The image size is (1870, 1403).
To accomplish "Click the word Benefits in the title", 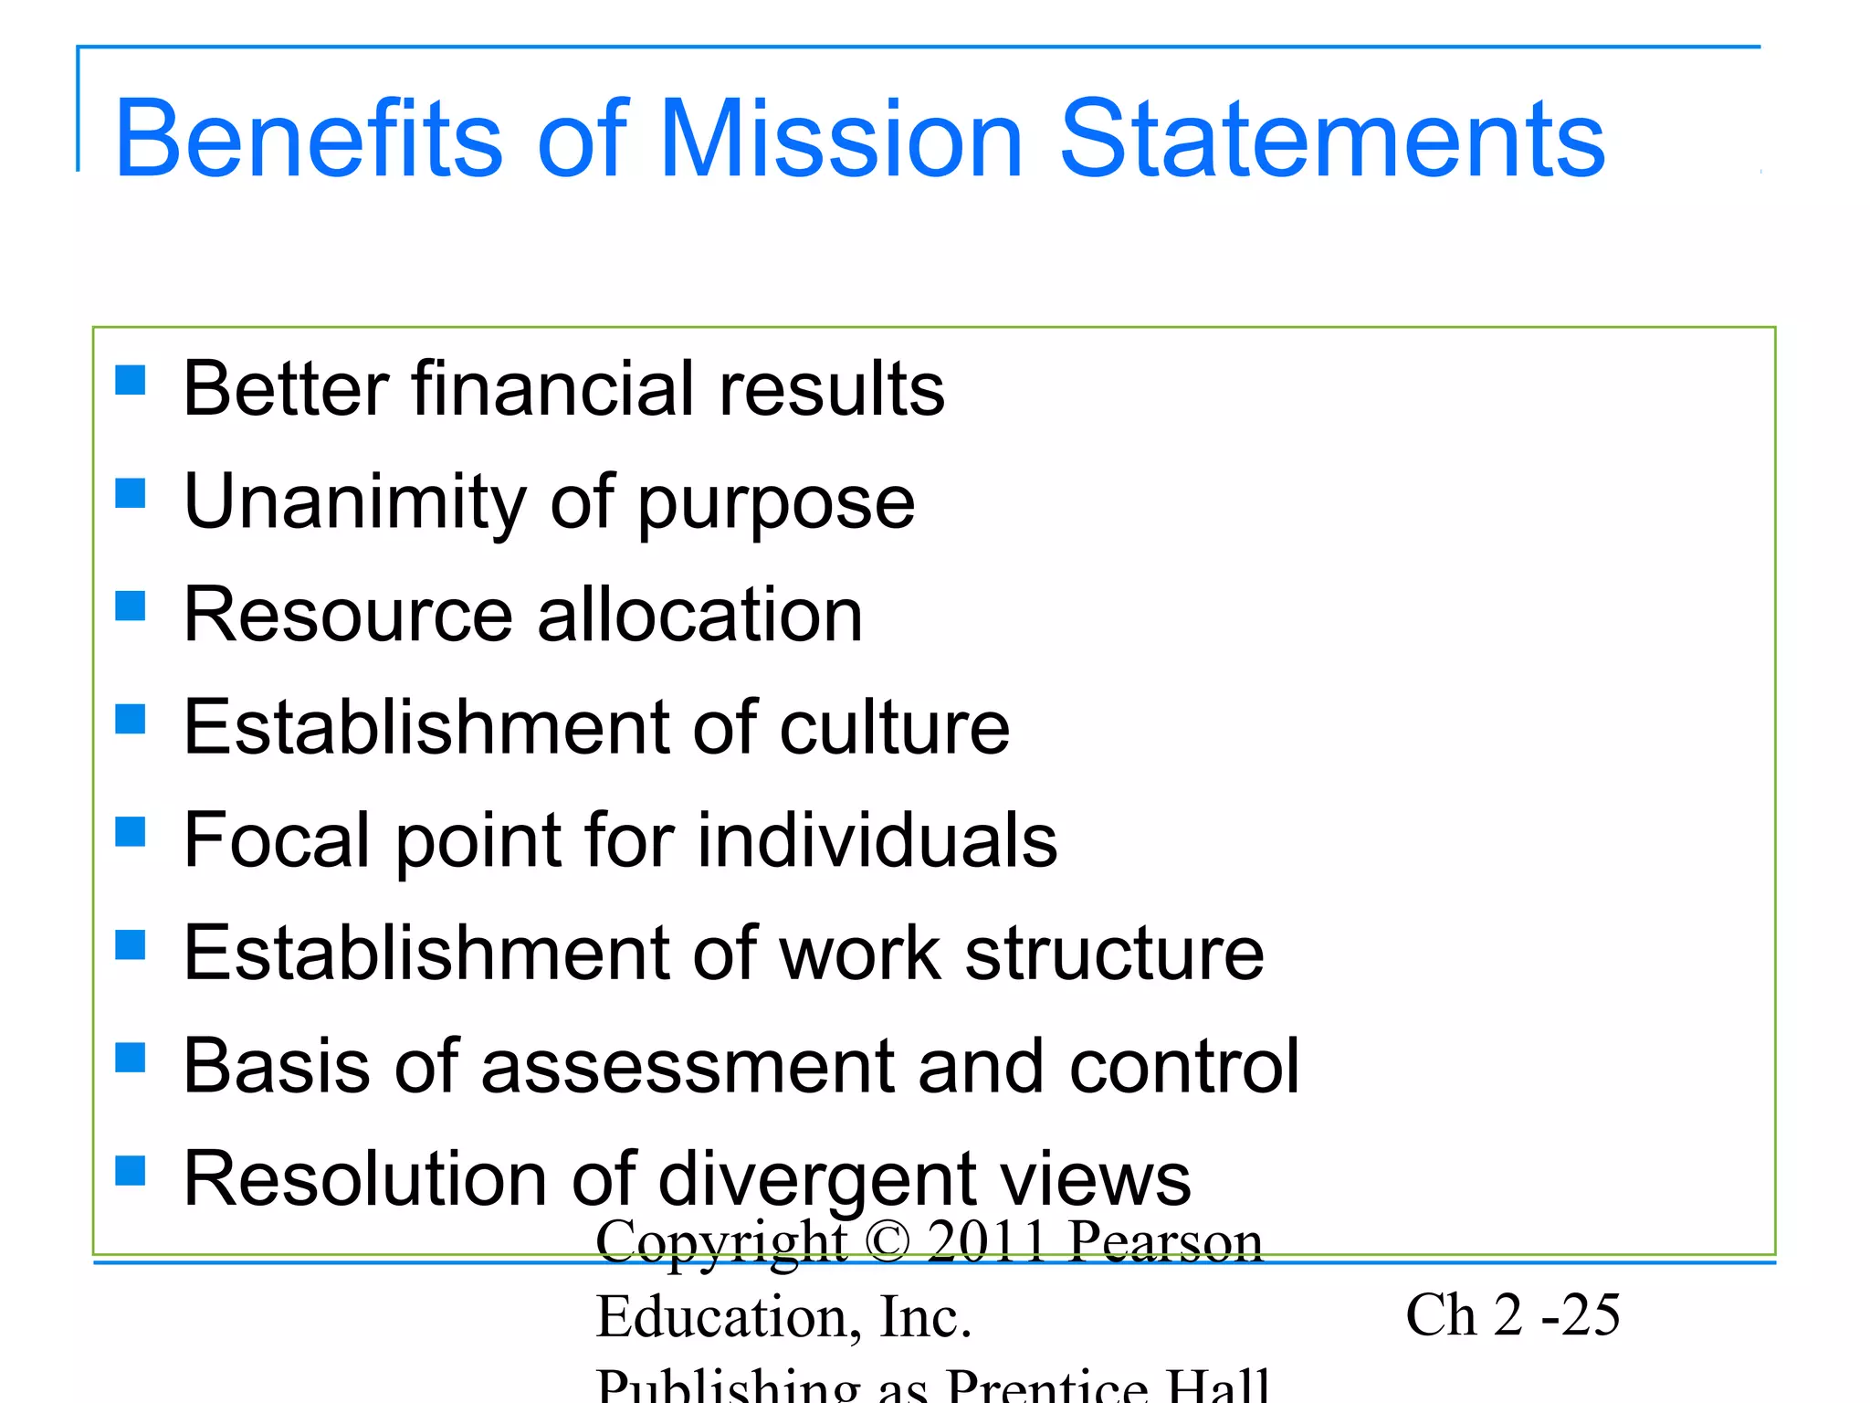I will coord(309,139).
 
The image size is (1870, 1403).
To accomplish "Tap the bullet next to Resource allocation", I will coord(131,605).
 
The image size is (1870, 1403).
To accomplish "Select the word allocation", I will coord(699,615).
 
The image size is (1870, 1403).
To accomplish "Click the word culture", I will coord(894,727).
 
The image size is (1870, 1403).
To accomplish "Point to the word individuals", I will coord(877,839).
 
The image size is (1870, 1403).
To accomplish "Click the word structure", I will coord(1114,953).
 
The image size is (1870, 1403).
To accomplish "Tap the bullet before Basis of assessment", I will coord(131,1057).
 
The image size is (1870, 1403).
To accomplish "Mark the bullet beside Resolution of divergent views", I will coord(131,1170).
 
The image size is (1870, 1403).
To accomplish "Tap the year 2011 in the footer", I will coord(986,1241).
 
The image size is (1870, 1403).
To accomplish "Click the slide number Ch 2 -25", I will coord(1512,1315).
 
